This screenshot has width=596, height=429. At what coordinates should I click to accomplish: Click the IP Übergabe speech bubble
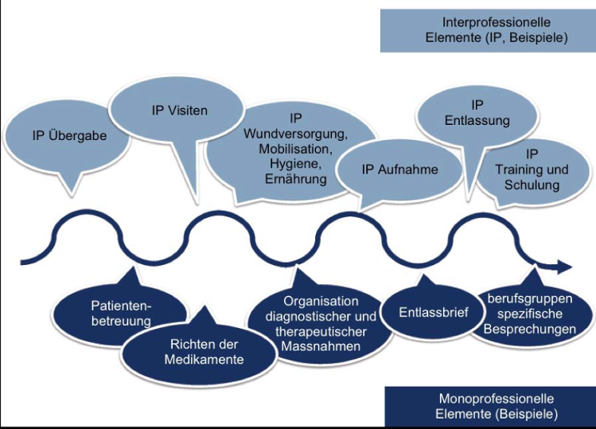coord(69,135)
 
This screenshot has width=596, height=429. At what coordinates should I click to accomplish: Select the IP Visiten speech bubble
coord(179,111)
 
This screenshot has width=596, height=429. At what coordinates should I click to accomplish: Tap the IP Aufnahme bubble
coord(399,170)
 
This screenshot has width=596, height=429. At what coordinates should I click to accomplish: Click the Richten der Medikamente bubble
coord(206,352)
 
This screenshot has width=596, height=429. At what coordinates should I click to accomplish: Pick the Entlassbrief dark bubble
coord(432,311)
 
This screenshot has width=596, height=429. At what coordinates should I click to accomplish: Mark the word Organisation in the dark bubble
coord(321,302)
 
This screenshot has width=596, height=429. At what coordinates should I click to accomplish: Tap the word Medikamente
coord(206,360)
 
